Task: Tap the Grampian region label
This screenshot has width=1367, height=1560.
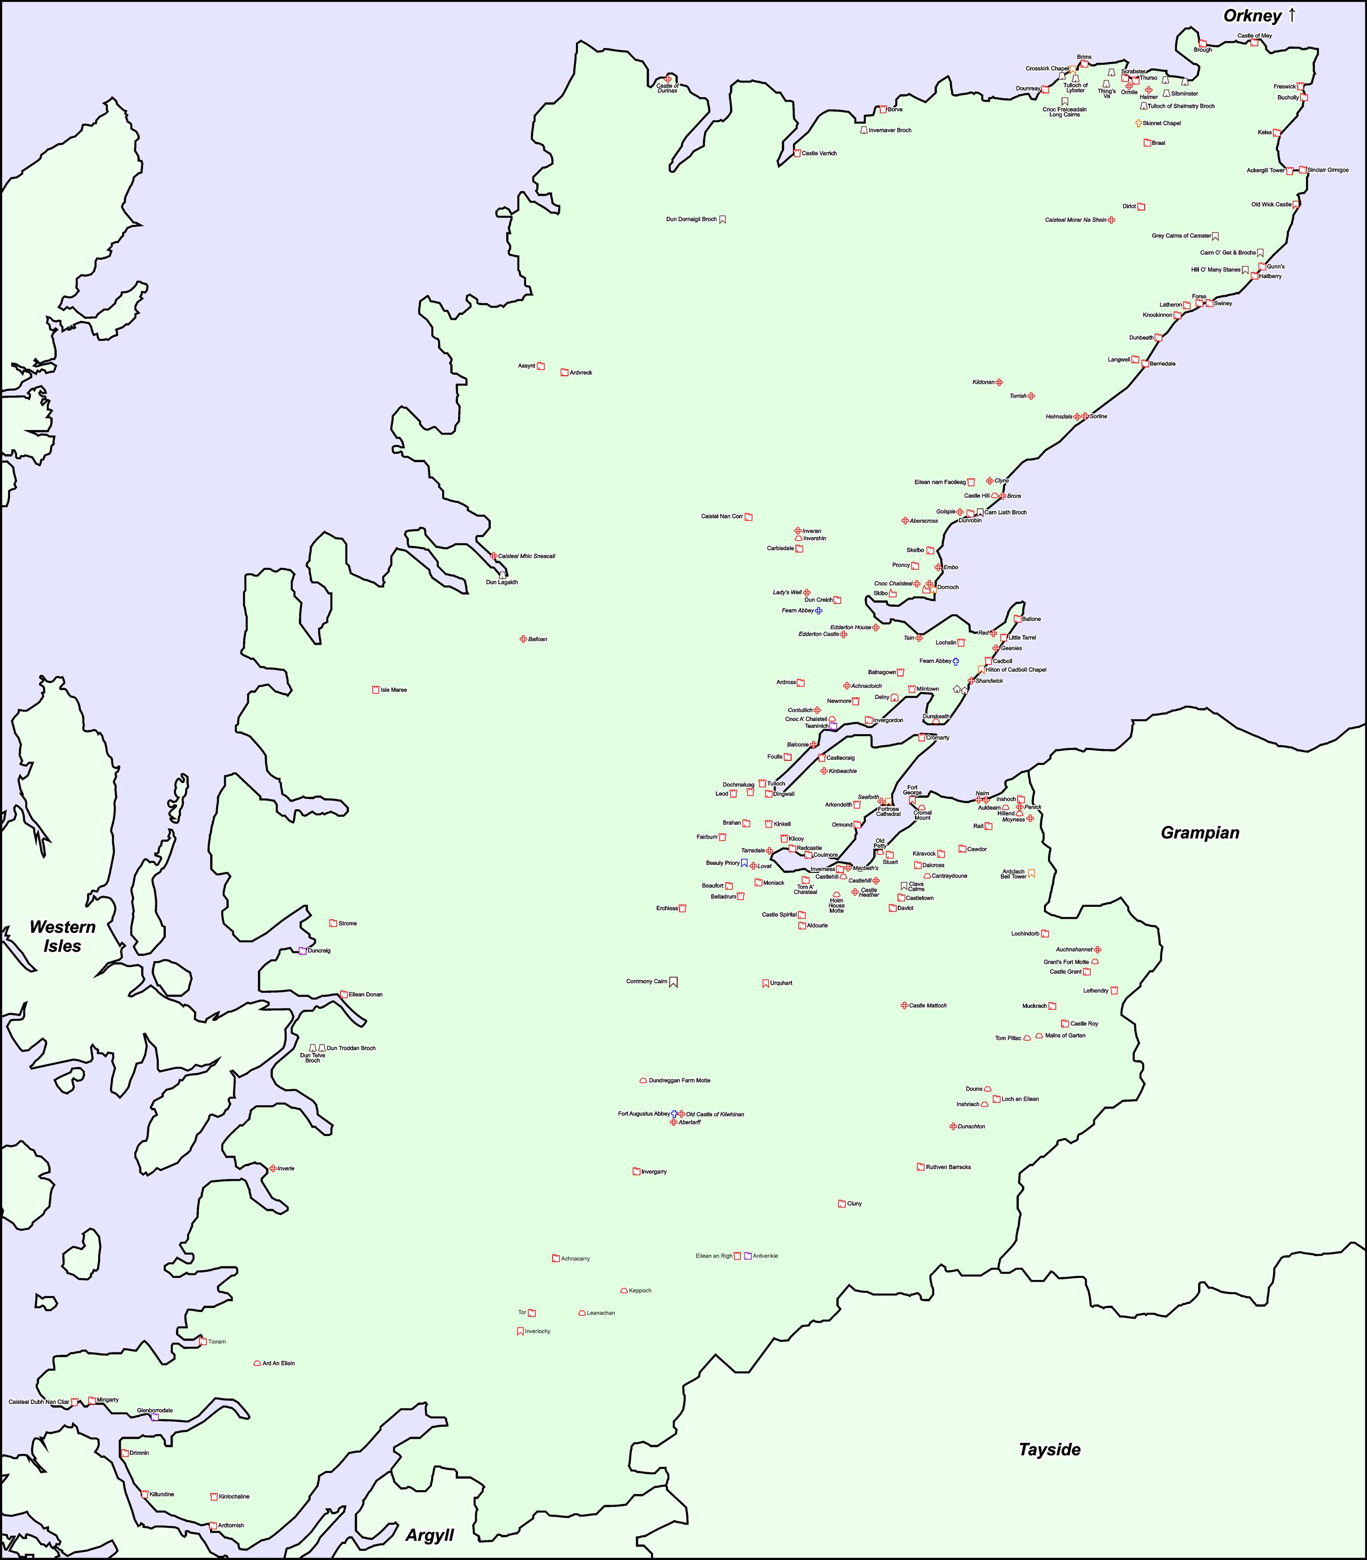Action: (1200, 832)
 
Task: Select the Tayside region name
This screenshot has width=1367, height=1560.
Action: (1050, 1449)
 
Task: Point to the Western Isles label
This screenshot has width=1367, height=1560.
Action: (62, 936)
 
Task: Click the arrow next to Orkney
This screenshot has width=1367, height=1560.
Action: (1292, 15)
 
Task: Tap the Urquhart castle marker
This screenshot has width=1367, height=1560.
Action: (765, 983)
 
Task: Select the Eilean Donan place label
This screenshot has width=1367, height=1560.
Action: (366, 995)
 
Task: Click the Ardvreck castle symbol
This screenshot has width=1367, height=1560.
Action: (564, 372)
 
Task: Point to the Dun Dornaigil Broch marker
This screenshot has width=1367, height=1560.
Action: (722, 220)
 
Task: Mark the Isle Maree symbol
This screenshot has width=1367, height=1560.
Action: (375, 689)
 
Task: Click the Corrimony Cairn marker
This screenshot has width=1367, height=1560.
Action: (673, 983)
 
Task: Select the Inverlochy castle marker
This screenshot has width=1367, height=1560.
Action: (520, 1331)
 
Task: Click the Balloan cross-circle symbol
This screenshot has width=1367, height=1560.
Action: (523, 639)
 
